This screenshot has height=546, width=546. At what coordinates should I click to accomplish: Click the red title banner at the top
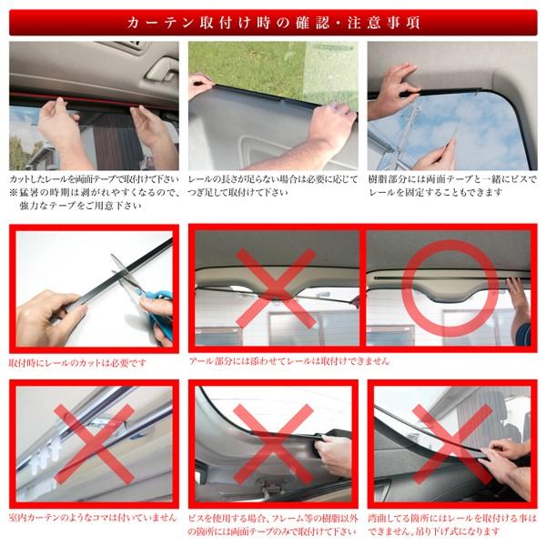tap(273, 19)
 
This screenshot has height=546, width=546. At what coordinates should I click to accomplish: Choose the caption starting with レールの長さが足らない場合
tap(273, 176)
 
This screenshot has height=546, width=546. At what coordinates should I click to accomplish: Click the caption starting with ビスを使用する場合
tap(273, 523)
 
